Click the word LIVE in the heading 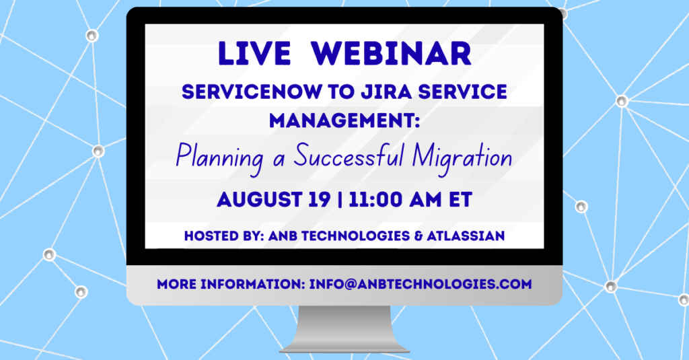(254, 54)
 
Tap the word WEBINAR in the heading (391, 54)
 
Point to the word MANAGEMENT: (344, 120)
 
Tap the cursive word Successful (349, 155)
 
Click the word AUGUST (259, 200)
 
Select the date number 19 (319, 200)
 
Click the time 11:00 (375, 200)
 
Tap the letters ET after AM (460, 200)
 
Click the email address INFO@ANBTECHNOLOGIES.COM (421, 284)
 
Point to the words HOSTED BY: (224, 236)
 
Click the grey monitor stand (344, 329)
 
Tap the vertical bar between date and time (340, 200)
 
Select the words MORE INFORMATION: (231, 284)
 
